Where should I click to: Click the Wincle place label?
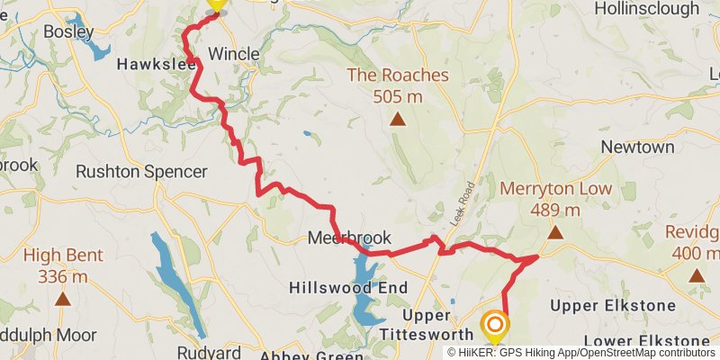pyautogui.click(x=233, y=54)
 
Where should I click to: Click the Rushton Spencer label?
pyautogui.click(x=141, y=171)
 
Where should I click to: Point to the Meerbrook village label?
pyautogui.click(x=349, y=238)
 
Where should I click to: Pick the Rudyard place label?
pyautogui.click(x=208, y=352)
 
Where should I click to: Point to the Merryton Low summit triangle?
pyautogui.click(x=555, y=233)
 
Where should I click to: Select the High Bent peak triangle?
pyautogui.click(x=62, y=298)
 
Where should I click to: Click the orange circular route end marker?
pyautogui.click(x=494, y=325)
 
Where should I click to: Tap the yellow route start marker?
pyautogui.click(x=215, y=4)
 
